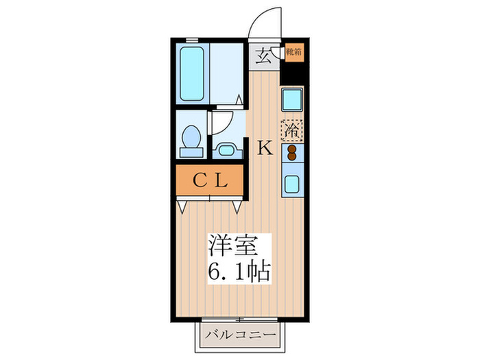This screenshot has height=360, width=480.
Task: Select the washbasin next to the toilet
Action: [225, 149]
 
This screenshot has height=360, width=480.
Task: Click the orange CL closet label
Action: [209, 181]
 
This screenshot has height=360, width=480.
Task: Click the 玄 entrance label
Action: [263, 55]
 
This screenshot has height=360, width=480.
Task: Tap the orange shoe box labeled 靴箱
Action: [291, 51]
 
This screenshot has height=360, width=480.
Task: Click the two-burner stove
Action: [291, 152]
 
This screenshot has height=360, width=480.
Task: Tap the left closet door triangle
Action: [182, 204]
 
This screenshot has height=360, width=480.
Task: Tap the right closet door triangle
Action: [237, 204]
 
